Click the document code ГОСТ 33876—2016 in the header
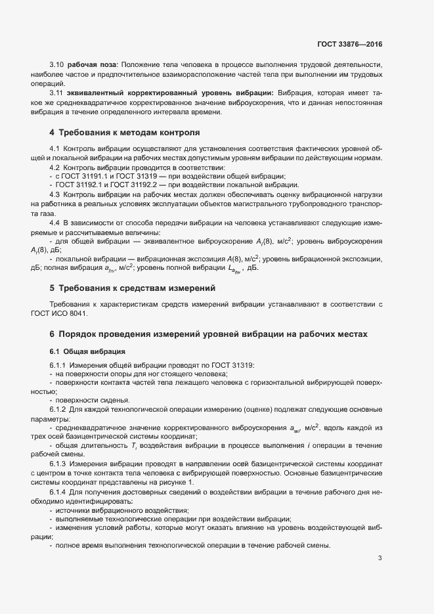349,45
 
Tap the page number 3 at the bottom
380,559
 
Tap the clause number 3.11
56,94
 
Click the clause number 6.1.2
58,410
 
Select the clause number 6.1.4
58,491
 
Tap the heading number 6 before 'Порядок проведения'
52,334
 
